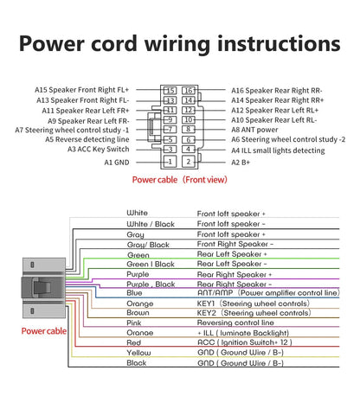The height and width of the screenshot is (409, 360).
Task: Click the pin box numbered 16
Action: [x=189, y=91]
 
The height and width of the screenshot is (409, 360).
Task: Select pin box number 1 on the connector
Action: [x=170, y=162]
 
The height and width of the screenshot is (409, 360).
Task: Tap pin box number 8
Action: [x=189, y=129]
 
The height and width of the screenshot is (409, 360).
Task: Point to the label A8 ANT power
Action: [x=254, y=130]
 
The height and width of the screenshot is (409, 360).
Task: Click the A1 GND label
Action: [x=117, y=163]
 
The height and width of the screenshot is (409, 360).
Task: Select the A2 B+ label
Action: [x=241, y=163]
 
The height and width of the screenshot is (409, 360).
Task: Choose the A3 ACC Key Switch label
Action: [x=99, y=150]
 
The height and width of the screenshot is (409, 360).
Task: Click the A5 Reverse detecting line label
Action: [x=87, y=139]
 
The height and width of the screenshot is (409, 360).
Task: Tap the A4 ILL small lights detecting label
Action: [x=278, y=150]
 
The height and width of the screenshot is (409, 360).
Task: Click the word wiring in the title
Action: [x=177, y=44]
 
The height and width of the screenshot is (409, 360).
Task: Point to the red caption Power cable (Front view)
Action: [x=180, y=180]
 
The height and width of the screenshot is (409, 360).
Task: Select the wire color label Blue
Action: [x=134, y=293]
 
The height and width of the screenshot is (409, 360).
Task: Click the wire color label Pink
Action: [x=134, y=323]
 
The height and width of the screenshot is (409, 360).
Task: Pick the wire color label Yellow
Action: [x=138, y=353]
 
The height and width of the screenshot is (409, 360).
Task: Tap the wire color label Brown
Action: [x=138, y=313]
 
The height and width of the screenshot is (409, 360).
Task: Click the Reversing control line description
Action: [x=235, y=323]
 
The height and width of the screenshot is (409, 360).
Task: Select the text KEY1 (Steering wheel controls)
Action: [x=254, y=304]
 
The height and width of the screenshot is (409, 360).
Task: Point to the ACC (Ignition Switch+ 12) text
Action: [x=245, y=342]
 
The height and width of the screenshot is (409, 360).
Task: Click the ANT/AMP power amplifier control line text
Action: [x=268, y=293]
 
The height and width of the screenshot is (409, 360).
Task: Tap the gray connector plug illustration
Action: [x=44, y=288]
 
